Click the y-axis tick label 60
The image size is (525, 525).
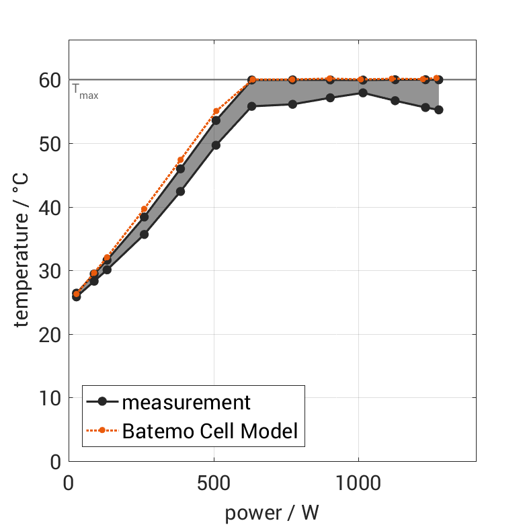pyautogui.click(x=51, y=80)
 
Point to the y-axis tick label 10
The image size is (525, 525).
pyautogui.click(x=51, y=398)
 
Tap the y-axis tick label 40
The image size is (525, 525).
pyautogui.click(x=51, y=207)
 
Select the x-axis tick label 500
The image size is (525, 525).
pyautogui.click(x=213, y=484)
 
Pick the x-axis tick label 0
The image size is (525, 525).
pyautogui.click(x=69, y=484)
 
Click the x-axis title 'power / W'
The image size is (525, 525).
pyautogui.click(x=272, y=513)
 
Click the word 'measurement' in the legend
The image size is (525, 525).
pyautogui.click(x=186, y=403)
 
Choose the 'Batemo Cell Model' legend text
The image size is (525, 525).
pyautogui.click(x=210, y=430)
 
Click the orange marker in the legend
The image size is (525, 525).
pyautogui.click(x=102, y=430)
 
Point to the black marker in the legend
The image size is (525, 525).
pyautogui.click(x=102, y=402)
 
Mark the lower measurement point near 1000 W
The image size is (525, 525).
pyautogui.click(x=363, y=93)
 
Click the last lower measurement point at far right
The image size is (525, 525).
pyautogui.click(x=438, y=110)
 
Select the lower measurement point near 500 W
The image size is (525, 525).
pyautogui.click(x=216, y=145)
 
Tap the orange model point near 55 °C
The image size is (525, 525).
pyautogui.click(x=216, y=112)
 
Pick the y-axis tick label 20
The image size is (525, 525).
pyautogui.click(x=51, y=334)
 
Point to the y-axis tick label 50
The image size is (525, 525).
pyautogui.click(x=51, y=144)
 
